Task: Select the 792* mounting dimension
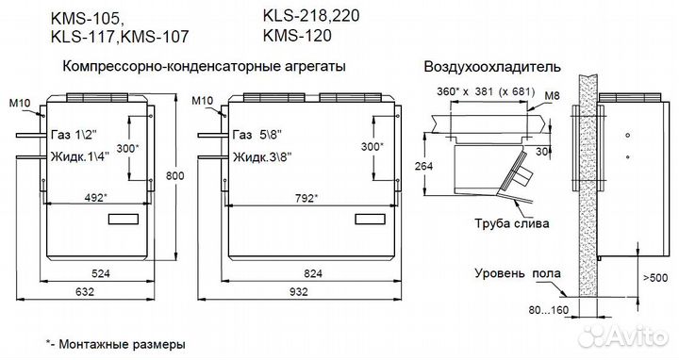point(304,198)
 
